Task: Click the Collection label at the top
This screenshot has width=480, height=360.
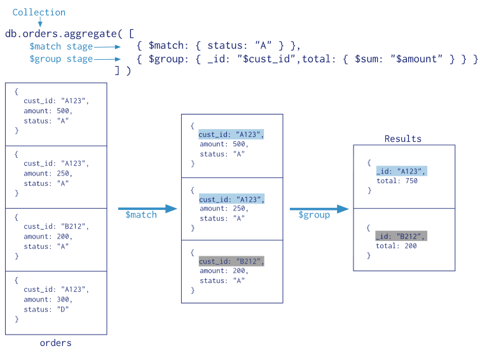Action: point(39,12)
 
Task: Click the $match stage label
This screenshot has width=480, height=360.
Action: point(61,46)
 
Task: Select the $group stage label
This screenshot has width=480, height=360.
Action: point(61,59)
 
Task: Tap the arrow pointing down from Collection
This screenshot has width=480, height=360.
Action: point(39,22)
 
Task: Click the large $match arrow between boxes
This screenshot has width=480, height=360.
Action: point(147,208)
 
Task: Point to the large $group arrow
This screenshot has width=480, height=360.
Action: point(319,208)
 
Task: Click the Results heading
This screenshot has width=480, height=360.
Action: point(403,139)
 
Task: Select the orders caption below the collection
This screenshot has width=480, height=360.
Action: point(55,343)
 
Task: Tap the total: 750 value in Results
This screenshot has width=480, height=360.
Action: point(397,181)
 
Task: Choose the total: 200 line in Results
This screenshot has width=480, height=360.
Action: point(397,246)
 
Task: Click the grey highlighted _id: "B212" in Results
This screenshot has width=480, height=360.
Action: point(401,237)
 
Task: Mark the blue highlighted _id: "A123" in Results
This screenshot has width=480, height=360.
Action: point(401,171)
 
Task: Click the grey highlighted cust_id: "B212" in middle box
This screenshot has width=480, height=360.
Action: point(231,261)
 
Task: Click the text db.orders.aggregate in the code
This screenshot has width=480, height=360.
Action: point(60,34)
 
